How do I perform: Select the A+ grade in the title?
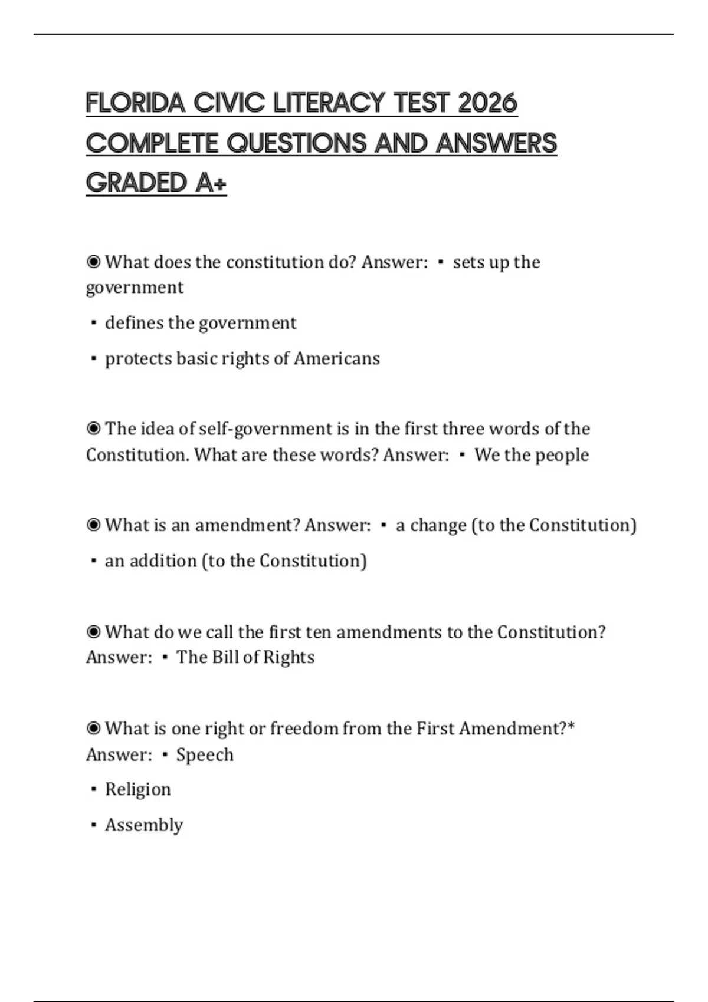coord(211,183)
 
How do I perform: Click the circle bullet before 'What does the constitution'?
coord(93,262)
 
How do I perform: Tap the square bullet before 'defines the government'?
coord(93,323)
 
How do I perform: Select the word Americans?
coord(337,358)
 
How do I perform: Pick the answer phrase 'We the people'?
coord(532,455)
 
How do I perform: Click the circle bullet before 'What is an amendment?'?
coord(93,525)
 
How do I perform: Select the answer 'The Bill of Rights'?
coord(245,657)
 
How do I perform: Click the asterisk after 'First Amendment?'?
coord(571,727)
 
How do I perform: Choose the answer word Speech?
coord(205,755)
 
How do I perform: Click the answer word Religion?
coord(138,790)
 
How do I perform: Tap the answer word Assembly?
coord(144,825)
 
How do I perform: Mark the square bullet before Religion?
coord(93,790)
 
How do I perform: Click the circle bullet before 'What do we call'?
coord(93,632)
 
